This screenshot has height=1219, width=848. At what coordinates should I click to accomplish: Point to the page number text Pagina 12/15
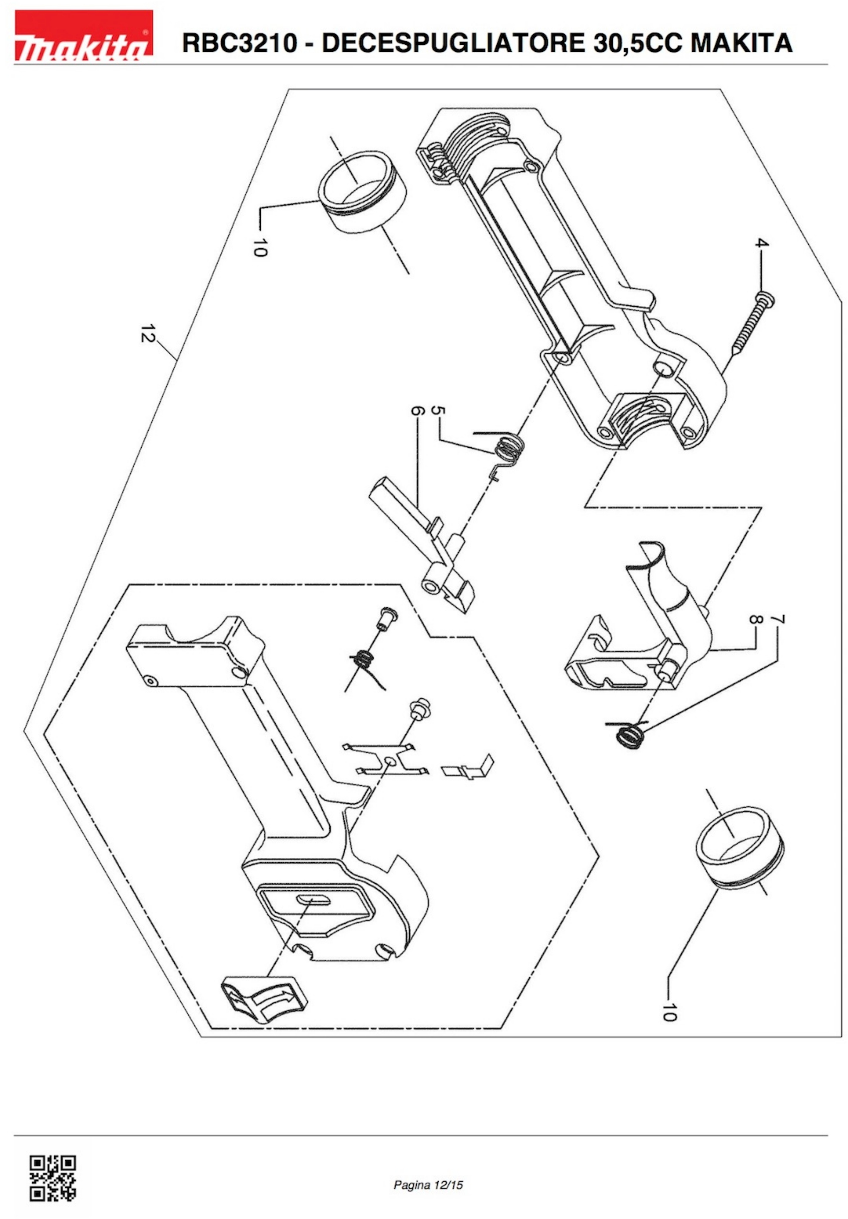(x=428, y=1185)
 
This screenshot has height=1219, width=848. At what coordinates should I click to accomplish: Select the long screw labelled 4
(x=751, y=324)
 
